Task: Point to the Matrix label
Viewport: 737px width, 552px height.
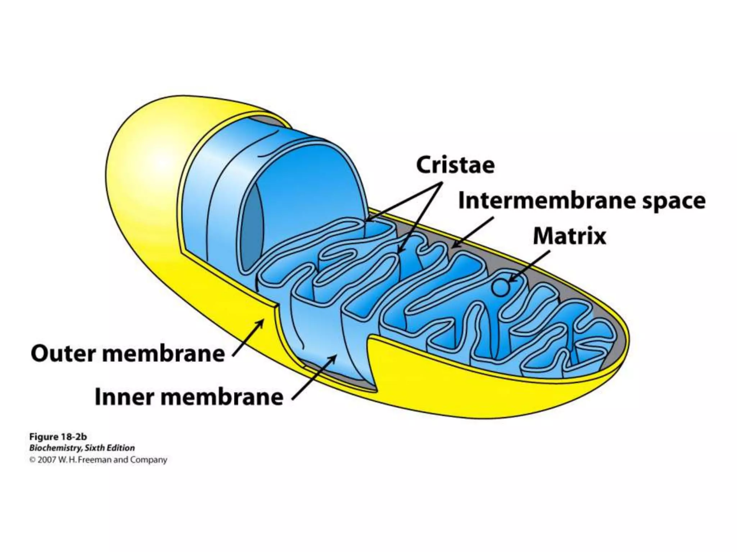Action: (x=569, y=236)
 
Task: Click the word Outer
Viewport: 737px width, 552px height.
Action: (x=63, y=354)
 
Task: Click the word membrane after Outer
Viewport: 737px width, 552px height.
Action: (x=163, y=354)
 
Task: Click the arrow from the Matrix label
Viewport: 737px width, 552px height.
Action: (x=529, y=266)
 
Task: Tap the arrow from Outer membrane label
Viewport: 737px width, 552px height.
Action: (x=248, y=338)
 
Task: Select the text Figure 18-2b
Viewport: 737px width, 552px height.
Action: (x=58, y=437)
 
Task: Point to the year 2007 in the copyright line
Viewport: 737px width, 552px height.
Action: (x=46, y=460)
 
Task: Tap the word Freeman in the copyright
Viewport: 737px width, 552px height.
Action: (x=95, y=460)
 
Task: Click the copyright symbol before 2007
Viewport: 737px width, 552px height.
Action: (x=32, y=460)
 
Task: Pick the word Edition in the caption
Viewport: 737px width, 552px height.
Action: (x=122, y=448)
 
